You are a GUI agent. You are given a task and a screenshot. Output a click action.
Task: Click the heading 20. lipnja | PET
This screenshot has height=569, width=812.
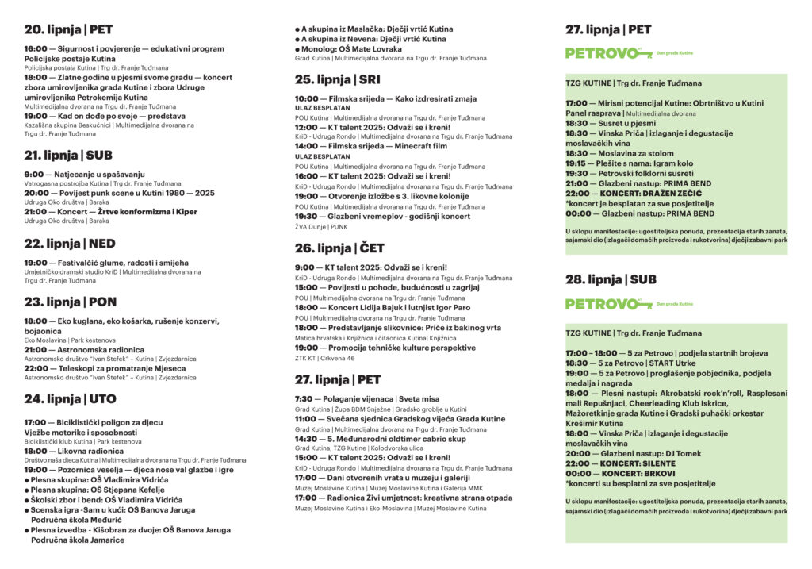click(68, 30)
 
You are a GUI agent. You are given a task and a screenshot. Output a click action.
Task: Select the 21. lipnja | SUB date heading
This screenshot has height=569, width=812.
click(68, 155)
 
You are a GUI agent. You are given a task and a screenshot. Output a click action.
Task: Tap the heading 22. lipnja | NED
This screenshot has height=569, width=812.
click(70, 244)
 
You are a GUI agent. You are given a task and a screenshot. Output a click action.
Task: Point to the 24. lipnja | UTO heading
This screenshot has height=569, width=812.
click(70, 398)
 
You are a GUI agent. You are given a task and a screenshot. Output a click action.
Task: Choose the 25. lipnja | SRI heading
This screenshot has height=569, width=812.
click(337, 79)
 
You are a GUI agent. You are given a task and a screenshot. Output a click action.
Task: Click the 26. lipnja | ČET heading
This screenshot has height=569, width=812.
click(339, 248)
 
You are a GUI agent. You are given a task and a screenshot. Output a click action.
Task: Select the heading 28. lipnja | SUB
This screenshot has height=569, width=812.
click(611, 279)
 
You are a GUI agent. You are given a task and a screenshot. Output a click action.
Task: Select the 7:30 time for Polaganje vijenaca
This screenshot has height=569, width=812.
click(303, 399)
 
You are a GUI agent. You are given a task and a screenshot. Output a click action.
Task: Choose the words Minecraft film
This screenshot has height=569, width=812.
click(422, 147)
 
